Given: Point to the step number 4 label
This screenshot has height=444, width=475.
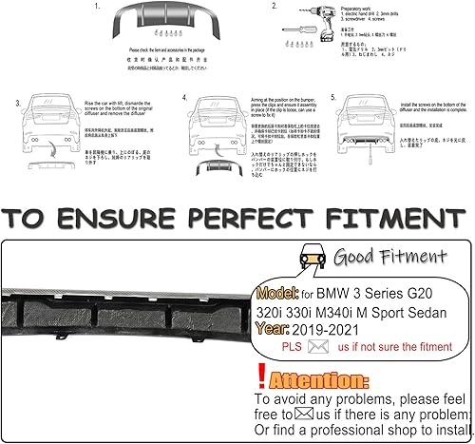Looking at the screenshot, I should coord(183,98).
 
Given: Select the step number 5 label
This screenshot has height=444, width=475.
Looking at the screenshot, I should coord(332,98).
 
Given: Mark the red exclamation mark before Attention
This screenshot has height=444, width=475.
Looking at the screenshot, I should coord(261,378).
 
